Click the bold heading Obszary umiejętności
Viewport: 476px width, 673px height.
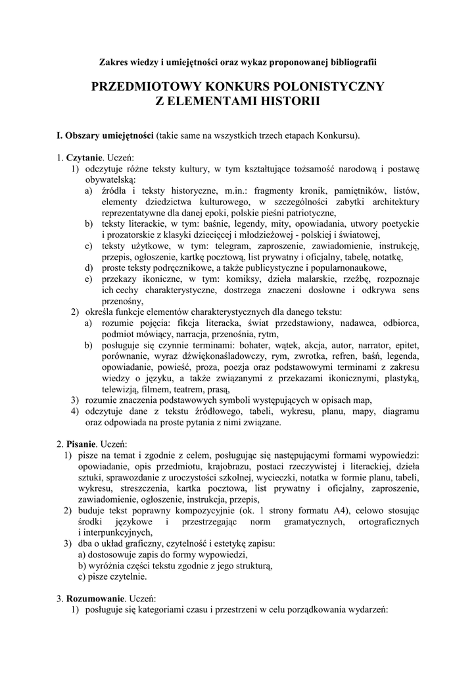(108, 136)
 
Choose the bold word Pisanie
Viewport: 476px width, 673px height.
(83, 444)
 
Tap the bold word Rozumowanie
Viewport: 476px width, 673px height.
(96, 599)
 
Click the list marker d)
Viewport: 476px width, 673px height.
(88, 267)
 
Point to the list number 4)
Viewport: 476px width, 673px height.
(76, 411)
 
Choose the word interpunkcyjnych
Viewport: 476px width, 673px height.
(114, 532)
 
